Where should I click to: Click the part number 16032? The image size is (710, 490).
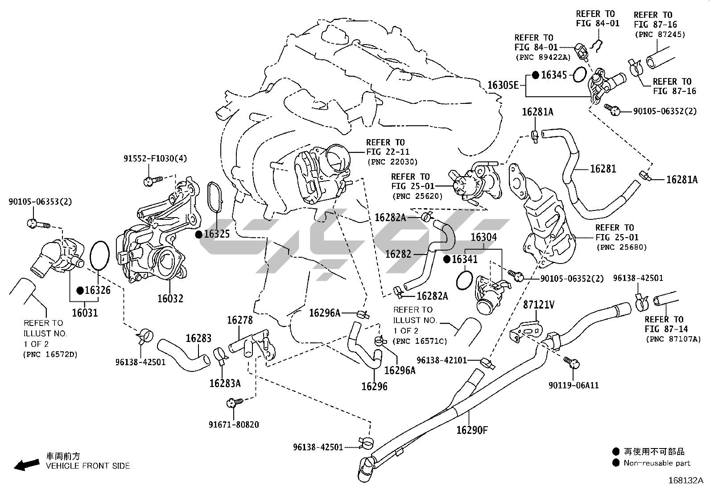click(x=170, y=298)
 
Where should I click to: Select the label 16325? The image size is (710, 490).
click(x=217, y=234)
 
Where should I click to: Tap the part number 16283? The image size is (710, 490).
click(x=198, y=338)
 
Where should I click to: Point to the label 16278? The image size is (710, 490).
click(x=239, y=320)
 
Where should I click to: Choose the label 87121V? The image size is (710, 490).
click(x=539, y=305)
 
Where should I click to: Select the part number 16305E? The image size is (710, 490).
click(x=503, y=85)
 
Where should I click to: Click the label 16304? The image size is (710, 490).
click(x=483, y=237)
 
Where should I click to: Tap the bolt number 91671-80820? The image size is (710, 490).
click(x=234, y=424)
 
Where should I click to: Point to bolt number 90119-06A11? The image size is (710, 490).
click(x=574, y=385)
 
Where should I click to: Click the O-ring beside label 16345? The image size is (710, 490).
click(x=579, y=74)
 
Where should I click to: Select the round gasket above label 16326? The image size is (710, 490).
click(x=99, y=255)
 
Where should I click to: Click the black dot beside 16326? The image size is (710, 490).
click(x=80, y=290)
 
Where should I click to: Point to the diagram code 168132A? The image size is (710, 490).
click(x=685, y=481)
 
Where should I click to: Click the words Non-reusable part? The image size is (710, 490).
click(x=657, y=463)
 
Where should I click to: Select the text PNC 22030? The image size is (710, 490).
click(x=392, y=161)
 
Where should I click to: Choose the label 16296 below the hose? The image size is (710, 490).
click(x=374, y=386)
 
